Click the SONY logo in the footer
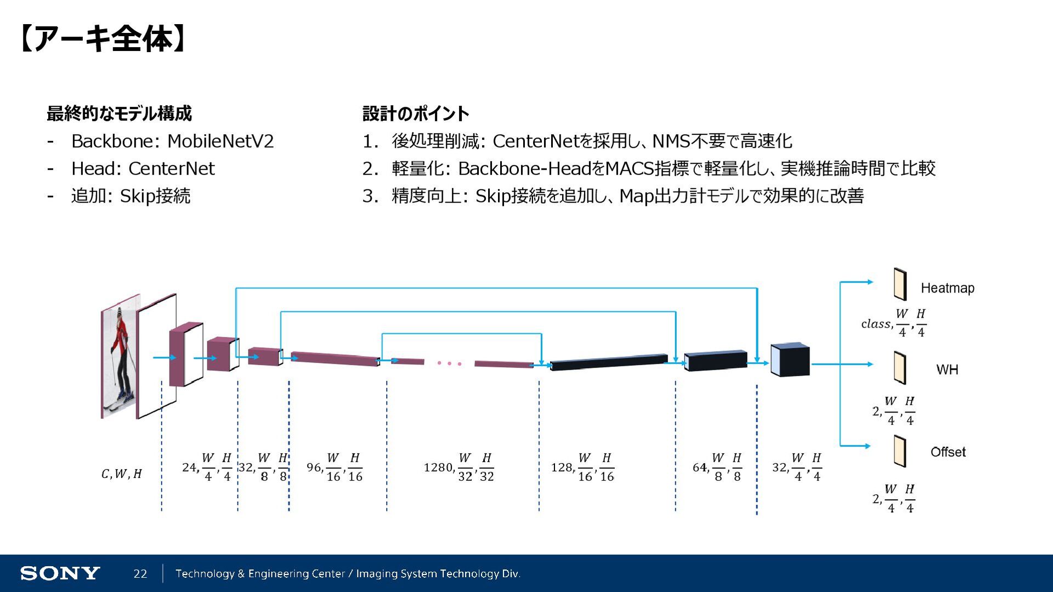[x=60, y=573]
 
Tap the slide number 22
[x=140, y=574]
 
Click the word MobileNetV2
[x=220, y=142]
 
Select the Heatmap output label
[x=947, y=288]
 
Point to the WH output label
[x=947, y=370]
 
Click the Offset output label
[x=948, y=452]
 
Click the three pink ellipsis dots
[x=449, y=363]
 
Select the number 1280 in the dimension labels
[x=438, y=467]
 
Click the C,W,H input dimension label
[x=121, y=474]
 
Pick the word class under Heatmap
[x=875, y=324]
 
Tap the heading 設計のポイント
[x=416, y=114]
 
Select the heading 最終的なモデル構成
[x=119, y=114]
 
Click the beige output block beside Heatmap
[x=900, y=284]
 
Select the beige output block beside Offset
[x=900, y=451]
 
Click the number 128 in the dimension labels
[x=562, y=467]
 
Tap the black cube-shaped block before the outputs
[x=790, y=360]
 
